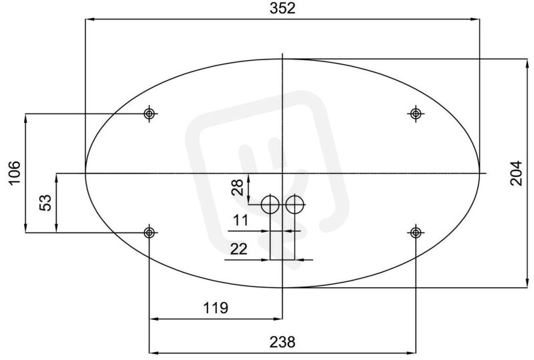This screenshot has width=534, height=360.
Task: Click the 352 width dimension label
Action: click(282, 8)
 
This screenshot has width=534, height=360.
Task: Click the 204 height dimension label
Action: click(516, 173)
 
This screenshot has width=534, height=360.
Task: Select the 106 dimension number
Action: click(15, 173)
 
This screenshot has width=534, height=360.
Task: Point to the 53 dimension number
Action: click(45, 202)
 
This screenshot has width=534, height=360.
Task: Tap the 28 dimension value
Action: click(237, 187)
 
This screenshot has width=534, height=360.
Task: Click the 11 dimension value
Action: click(241, 220)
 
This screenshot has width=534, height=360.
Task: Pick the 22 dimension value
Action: click(239, 249)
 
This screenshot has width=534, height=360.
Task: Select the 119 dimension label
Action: click(216, 308)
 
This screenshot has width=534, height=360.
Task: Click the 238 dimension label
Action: click(282, 342)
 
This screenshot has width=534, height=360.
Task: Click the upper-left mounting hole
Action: click(149, 113)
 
